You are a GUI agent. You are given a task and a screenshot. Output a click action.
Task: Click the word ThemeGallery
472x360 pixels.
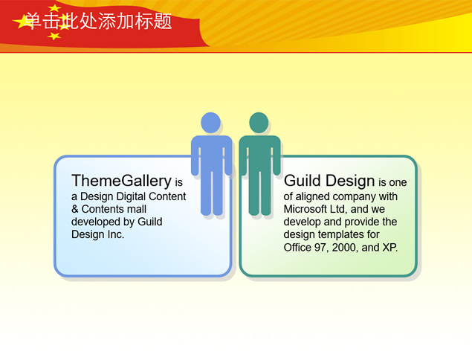click(x=122, y=181)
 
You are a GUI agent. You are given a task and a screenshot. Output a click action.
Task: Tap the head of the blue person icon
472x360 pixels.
click(x=210, y=123)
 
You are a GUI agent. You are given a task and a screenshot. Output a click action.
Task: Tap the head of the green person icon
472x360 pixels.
click(x=259, y=123)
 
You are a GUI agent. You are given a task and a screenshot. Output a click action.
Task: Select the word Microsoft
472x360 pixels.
click(x=305, y=209)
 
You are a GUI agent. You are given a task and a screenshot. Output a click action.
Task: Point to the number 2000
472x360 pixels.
click(x=343, y=248)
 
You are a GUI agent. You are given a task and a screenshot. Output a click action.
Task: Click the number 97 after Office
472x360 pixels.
click(x=321, y=248)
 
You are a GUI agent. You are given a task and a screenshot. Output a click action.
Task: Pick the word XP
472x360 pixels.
click(x=390, y=248)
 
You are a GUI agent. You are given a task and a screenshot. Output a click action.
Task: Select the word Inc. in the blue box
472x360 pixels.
click(x=115, y=234)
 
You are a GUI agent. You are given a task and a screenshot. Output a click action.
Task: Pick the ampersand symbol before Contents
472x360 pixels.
click(x=75, y=209)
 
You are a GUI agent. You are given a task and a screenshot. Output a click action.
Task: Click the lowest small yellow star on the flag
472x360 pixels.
click(x=54, y=36)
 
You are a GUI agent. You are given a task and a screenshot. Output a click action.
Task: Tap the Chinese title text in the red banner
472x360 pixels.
click(x=98, y=21)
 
